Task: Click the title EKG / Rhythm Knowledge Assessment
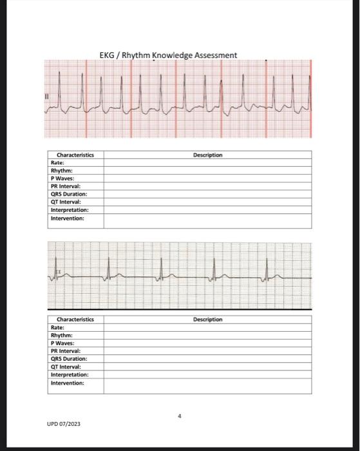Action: [168, 55]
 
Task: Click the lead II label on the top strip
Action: [46, 97]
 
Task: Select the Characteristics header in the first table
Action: [75, 155]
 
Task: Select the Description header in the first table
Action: [207, 155]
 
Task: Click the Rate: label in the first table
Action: [57, 163]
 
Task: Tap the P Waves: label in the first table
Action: [62, 178]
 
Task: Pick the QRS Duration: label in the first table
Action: [68, 194]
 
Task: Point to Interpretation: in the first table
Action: [70, 210]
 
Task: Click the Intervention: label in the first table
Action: [67, 218]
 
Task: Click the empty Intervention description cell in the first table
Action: [207, 221]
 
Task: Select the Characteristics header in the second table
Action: [75, 320]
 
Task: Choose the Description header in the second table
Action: [207, 320]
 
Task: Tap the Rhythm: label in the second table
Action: [61, 335]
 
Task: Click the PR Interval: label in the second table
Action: [64, 351]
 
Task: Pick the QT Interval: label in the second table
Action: [64, 367]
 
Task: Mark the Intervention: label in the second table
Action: [67, 383]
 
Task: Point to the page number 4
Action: [180, 417]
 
